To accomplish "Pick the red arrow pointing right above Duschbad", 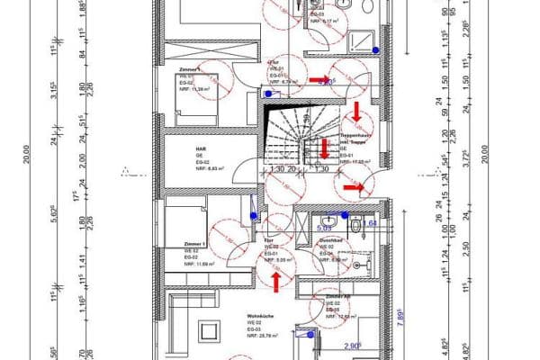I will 354,187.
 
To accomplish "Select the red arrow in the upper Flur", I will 319,80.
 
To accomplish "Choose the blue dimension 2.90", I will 351,345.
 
